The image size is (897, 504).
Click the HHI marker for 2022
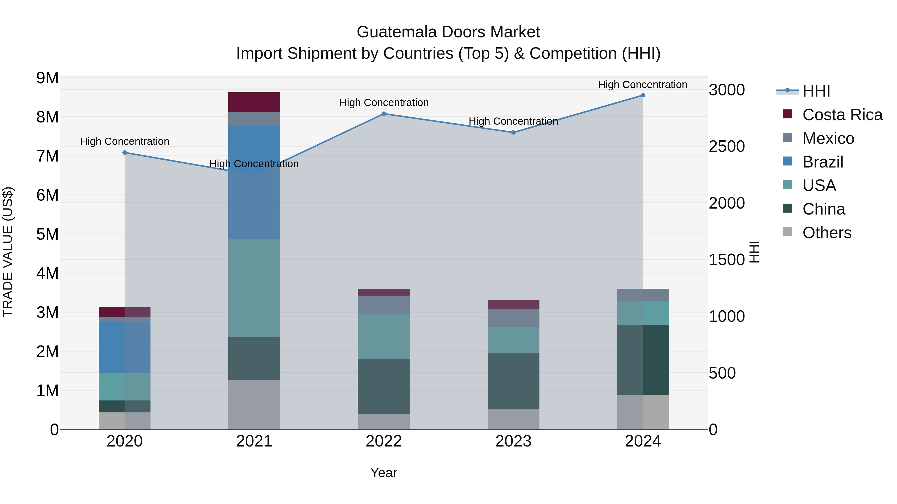tap(384, 114)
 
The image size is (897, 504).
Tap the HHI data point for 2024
tap(643, 95)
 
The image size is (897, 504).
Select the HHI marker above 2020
tap(125, 153)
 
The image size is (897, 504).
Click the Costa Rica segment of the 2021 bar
tap(254, 102)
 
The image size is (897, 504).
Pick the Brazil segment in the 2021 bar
tap(254, 182)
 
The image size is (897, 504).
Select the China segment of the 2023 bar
tap(513, 381)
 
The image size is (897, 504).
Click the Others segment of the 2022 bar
tap(384, 422)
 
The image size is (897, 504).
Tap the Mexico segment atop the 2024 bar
tap(643, 295)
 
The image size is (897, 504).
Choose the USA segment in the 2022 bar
tap(384, 336)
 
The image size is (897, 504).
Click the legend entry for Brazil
tap(822, 162)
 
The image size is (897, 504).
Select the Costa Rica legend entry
tap(842, 115)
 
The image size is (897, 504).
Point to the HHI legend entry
tap(816, 91)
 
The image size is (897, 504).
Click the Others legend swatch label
tap(827, 233)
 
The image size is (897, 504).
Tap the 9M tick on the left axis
tap(48, 78)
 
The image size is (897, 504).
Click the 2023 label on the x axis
tap(513, 441)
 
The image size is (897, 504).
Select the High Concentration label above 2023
tap(513, 121)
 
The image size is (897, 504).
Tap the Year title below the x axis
tap(384, 473)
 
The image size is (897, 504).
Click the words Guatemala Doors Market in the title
tap(448, 32)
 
